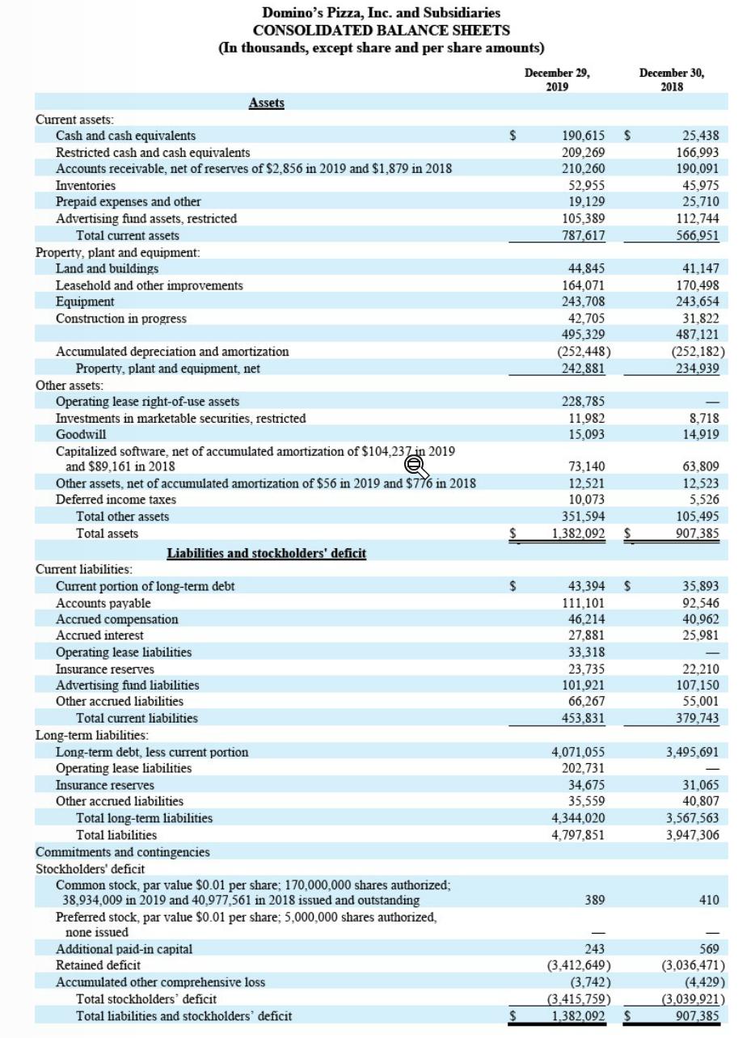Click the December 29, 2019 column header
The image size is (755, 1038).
point(557,79)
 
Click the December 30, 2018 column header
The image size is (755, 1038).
point(671,79)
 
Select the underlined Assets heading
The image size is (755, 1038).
point(266,103)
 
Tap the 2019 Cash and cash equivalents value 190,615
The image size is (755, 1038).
point(582,136)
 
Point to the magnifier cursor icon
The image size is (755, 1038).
point(414,465)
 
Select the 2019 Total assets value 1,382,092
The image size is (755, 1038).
point(578,534)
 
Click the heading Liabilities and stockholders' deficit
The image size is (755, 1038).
point(266,553)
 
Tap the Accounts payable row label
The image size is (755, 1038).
point(103,603)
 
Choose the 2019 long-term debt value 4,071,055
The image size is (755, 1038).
point(578,752)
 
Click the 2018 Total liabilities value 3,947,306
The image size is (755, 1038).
point(692,835)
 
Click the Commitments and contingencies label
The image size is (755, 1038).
point(122,852)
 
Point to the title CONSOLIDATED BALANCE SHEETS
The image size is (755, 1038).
point(381,30)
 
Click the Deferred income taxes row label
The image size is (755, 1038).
point(116,500)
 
